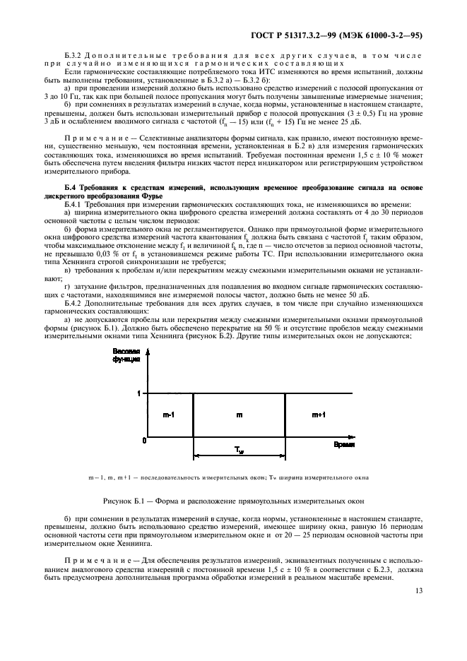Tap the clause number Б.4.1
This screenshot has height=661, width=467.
pyautogui.click(x=73, y=203)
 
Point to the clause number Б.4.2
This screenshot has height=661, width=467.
pyautogui.click(x=74, y=302)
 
